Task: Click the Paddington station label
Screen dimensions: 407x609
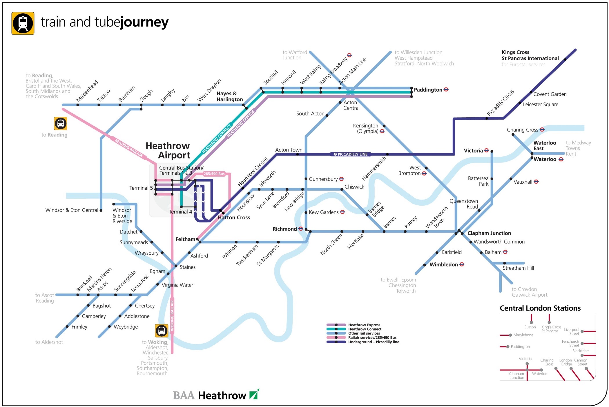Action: point(428,90)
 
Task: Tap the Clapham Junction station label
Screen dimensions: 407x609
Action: point(489,233)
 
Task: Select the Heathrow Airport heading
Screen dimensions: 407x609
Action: point(168,150)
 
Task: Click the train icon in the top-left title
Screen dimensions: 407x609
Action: point(23,23)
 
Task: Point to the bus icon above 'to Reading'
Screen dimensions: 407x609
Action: point(61,123)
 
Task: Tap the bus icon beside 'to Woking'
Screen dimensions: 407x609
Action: point(162,331)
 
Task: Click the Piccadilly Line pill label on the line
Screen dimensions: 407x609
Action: point(351,154)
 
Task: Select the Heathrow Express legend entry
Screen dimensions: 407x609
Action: point(364,325)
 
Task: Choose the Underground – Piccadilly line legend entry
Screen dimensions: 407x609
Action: point(374,342)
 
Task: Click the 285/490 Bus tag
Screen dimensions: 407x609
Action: point(214,174)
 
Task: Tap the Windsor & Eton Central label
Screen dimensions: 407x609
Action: point(72,210)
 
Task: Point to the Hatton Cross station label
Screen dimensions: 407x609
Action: point(234,218)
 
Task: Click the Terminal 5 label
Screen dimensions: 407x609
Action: point(141,188)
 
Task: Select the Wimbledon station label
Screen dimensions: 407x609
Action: point(443,264)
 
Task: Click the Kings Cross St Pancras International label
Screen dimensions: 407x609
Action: point(530,55)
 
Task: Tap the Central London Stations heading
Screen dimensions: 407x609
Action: point(540,308)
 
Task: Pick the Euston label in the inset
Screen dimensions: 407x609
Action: point(530,327)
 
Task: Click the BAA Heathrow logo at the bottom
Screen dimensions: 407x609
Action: point(216,395)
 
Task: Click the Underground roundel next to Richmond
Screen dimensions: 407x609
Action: point(301,229)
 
